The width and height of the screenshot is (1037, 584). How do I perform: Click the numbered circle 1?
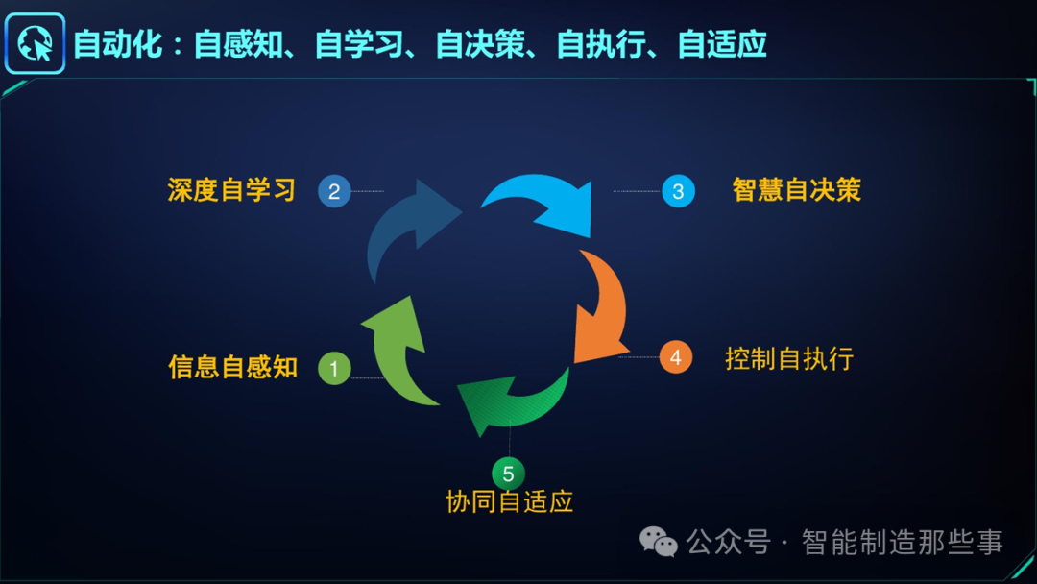coord(334,368)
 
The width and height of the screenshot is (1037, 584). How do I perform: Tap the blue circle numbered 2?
coord(334,191)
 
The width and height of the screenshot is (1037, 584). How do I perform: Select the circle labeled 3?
coord(678,191)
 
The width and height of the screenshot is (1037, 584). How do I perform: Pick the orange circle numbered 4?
coord(676,357)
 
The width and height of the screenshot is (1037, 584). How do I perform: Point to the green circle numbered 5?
coord(508,474)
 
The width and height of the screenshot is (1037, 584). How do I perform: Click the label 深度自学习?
coord(231,190)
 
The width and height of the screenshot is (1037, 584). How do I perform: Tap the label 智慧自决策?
coord(796,190)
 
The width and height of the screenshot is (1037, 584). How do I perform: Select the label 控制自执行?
coord(789,359)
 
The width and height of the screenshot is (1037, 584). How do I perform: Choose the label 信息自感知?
coord(233,367)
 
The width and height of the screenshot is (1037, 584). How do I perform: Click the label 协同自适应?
coord(509,501)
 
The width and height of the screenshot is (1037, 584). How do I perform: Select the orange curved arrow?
coord(601,307)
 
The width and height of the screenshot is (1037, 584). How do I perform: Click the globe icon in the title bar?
coord(35,43)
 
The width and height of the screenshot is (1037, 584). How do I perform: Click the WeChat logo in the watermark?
coord(659,543)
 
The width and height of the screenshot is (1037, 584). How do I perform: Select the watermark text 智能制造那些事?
coord(902,543)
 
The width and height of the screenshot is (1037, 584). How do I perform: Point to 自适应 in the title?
coord(722,44)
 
